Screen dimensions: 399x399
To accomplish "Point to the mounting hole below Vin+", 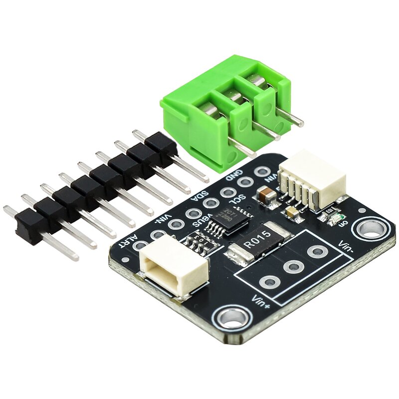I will tap(230, 317).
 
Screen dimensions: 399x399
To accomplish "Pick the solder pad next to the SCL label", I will tap(227, 192).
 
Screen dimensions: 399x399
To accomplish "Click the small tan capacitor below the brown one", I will tap(292, 212).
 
